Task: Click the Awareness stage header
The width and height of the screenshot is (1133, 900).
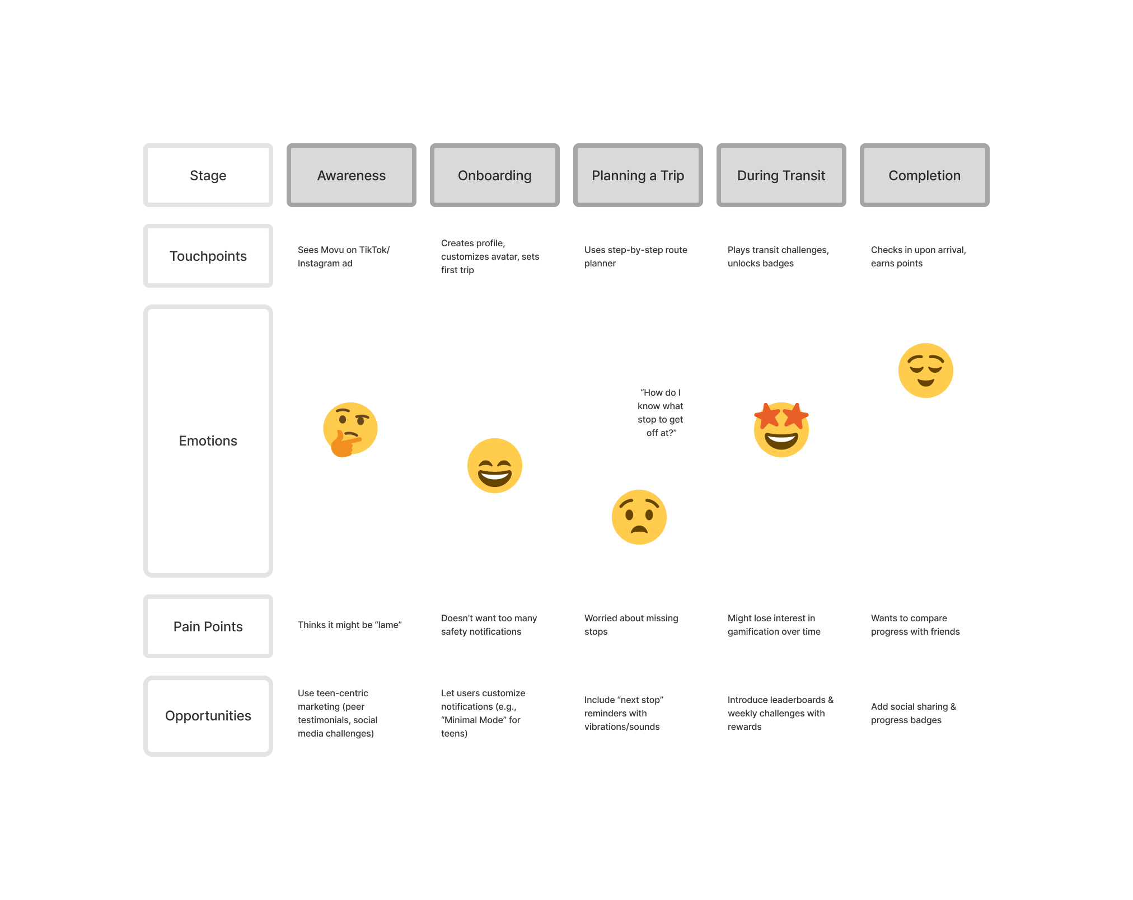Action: (x=352, y=176)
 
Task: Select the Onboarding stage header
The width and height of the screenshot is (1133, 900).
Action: (x=495, y=176)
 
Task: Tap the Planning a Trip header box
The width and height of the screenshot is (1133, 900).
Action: (x=638, y=176)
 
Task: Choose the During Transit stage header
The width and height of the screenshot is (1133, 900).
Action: (x=781, y=176)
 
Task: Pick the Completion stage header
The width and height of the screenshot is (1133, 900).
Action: (x=925, y=176)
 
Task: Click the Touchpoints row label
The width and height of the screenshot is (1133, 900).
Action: (x=208, y=256)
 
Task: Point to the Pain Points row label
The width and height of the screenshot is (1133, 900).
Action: (x=208, y=627)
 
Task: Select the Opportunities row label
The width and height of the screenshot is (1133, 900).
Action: (x=208, y=716)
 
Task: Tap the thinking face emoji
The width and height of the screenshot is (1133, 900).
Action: (x=350, y=430)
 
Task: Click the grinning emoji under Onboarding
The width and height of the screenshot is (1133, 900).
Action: (x=495, y=466)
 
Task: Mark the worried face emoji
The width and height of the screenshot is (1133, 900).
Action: (x=639, y=517)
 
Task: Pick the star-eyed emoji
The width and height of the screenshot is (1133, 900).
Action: (x=781, y=430)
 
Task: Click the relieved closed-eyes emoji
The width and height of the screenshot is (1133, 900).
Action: (x=926, y=371)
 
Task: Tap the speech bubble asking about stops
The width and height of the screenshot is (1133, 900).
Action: (x=661, y=412)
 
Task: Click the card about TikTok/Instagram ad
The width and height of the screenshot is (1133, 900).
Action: (x=352, y=256)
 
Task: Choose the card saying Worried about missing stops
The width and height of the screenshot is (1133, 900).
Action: (x=638, y=625)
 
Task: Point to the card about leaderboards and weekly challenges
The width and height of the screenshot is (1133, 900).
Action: (x=781, y=713)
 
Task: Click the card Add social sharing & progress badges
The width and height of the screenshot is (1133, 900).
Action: (x=925, y=713)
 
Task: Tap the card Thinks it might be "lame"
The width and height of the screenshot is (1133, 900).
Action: (x=352, y=625)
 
